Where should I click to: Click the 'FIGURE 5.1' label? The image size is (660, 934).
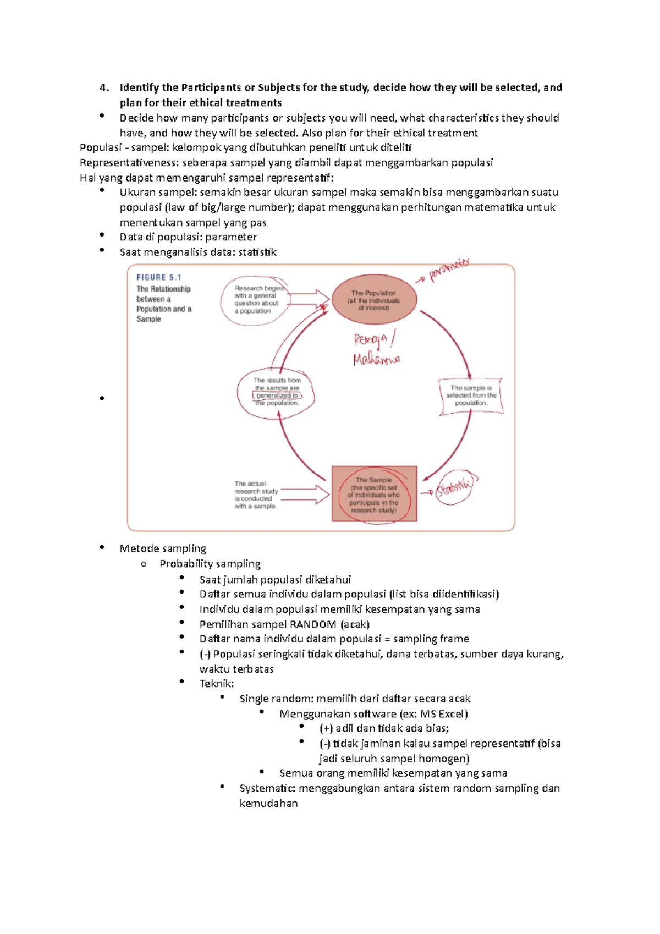pyautogui.click(x=159, y=278)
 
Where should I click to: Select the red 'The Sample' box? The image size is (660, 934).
pyautogui.click(x=374, y=494)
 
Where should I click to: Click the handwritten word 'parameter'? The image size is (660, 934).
pyautogui.click(x=449, y=270)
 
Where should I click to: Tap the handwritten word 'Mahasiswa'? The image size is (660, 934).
pyautogui.click(x=377, y=360)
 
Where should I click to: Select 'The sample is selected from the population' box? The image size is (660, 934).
pyautogui.click(x=471, y=395)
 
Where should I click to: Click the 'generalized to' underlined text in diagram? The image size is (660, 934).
pyautogui.click(x=277, y=395)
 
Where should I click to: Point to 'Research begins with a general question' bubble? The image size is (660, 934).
pyautogui.click(x=256, y=300)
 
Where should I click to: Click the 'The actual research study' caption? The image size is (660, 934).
pyautogui.click(x=256, y=495)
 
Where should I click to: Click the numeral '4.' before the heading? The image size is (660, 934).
pyautogui.click(x=105, y=87)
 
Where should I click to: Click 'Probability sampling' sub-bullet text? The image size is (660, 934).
pyautogui.click(x=210, y=564)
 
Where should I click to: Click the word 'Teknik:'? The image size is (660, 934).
pyautogui.click(x=217, y=684)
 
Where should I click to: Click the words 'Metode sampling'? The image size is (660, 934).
pyautogui.click(x=163, y=548)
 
